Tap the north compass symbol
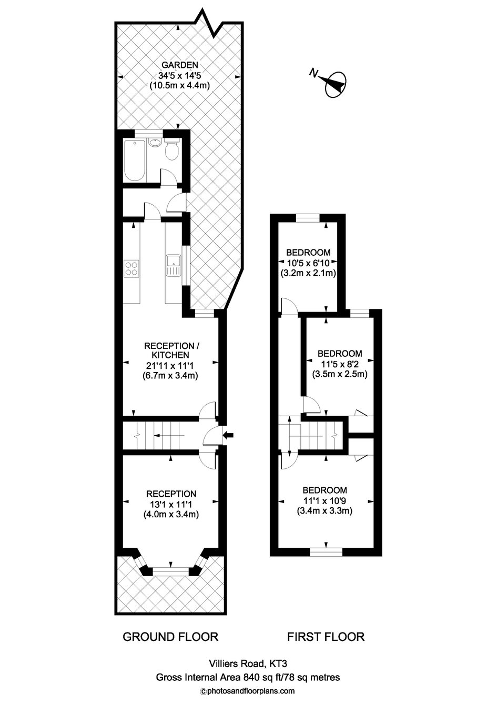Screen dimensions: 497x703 pyautogui.click(x=332, y=84)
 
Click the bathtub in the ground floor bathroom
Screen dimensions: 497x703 pyautogui.click(x=135, y=160)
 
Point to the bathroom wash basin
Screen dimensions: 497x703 pyautogui.click(x=155, y=143)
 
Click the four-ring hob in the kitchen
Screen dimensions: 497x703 pyautogui.click(x=132, y=268)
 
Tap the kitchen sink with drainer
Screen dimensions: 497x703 pyautogui.click(x=174, y=266)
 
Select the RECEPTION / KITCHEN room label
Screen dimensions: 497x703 pyautogui.click(x=171, y=350)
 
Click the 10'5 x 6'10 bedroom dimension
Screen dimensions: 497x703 pyautogui.click(x=308, y=263)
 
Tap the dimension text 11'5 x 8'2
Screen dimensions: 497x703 pyautogui.click(x=340, y=364)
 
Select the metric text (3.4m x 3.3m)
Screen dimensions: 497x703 pyautogui.click(x=324, y=511)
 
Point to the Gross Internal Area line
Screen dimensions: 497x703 pyautogui.click(x=248, y=677)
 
